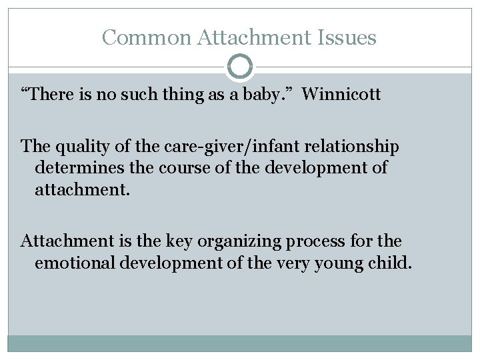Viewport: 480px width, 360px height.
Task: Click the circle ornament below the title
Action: coord(240,67)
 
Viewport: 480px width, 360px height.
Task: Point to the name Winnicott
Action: coord(341,95)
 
